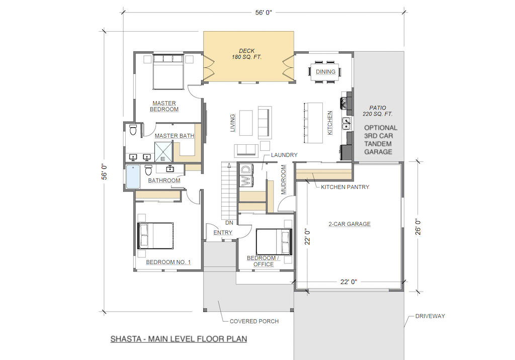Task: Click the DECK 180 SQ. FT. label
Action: pyautogui.click(x=246, y=54)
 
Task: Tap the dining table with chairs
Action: pyautogui.click(x=325, y=71)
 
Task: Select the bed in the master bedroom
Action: pyautogui.click(x=168, y=72)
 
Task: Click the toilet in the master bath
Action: pyautogui.click(x=133, y=130)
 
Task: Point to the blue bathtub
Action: pyautogui.click(x=133, y=176)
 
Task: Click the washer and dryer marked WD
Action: pyautogui.click(x=246, y=175)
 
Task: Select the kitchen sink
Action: pyautogui.click(x=346, y=124)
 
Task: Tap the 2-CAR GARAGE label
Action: pyautogui.click(x=350, y=224)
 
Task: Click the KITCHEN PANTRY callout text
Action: pyautogui.click(x=345, y=187)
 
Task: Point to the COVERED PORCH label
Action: pyautogui.click(x=254, y=321)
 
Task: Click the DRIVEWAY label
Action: pyautogui.click(x=430, y=316)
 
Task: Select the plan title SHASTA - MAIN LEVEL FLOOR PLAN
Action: pyautogui.click(x=179, y=339)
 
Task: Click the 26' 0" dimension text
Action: pyautogui.click(x=418, y=227)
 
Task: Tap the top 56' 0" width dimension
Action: pyautogui.click(x=264, y=13)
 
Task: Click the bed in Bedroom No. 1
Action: pyautogui.click(x=155, y=235)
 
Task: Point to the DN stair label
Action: pyautogui.click(x=229, y=223)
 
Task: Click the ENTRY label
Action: pyautogui.click(x=223, y=233)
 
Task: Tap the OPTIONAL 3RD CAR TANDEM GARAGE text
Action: pyautogui.click(x=380, y=140)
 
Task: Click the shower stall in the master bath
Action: pyautogui.click(x=163, y=152)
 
